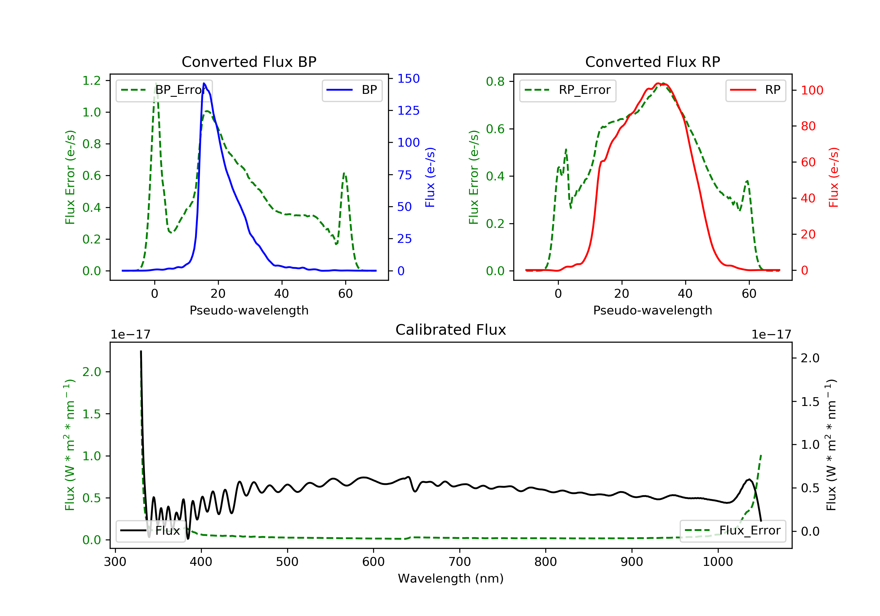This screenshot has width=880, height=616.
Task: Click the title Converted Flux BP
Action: [x=249, y=62]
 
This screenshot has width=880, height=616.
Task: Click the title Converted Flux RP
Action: [x=652, y=62]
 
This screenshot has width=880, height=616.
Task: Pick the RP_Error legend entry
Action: [x=568, y=90]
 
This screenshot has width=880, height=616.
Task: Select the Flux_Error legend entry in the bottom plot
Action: [x=732, y=531]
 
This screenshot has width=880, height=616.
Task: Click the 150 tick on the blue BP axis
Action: [x=408, y=79]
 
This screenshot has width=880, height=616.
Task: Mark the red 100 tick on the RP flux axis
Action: [x=812, y=90]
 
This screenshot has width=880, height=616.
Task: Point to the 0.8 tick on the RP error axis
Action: [x=495, y=81]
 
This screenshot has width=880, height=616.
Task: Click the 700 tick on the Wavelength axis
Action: [x=460, y=562]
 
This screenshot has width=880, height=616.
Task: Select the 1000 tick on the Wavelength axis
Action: [x=717, y=562]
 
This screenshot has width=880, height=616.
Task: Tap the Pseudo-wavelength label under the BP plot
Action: [x=249, y=310]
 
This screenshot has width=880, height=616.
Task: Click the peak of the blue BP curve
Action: [x=204, y=83]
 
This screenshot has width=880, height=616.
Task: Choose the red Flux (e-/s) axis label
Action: [x=833, y=177]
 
